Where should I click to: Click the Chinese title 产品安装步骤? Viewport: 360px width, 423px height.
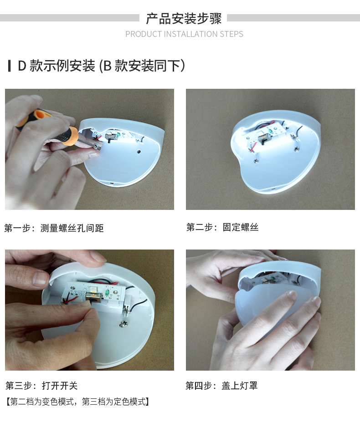[184, 18]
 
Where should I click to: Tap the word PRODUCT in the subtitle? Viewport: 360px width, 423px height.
[144, 34]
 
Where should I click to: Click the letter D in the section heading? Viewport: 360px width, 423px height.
[22, 66]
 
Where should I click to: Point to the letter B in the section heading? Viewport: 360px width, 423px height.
[108, 66]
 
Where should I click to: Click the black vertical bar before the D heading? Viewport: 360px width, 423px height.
[10, 66]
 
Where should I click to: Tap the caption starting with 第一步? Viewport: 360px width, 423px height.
[54, 228]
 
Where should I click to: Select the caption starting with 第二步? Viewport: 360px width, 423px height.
[222, 227]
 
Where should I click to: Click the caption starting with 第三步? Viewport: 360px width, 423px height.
[41, 386]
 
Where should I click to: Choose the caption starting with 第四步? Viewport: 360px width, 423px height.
[221, 386]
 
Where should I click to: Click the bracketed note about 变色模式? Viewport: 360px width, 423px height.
[77, 402]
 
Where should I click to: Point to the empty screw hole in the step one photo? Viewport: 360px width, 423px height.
[139, 151]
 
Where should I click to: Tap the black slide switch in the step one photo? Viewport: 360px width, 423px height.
[110, 137]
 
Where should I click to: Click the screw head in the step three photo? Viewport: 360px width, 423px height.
[124, 323]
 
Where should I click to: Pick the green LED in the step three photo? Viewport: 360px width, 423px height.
[108, 292]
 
